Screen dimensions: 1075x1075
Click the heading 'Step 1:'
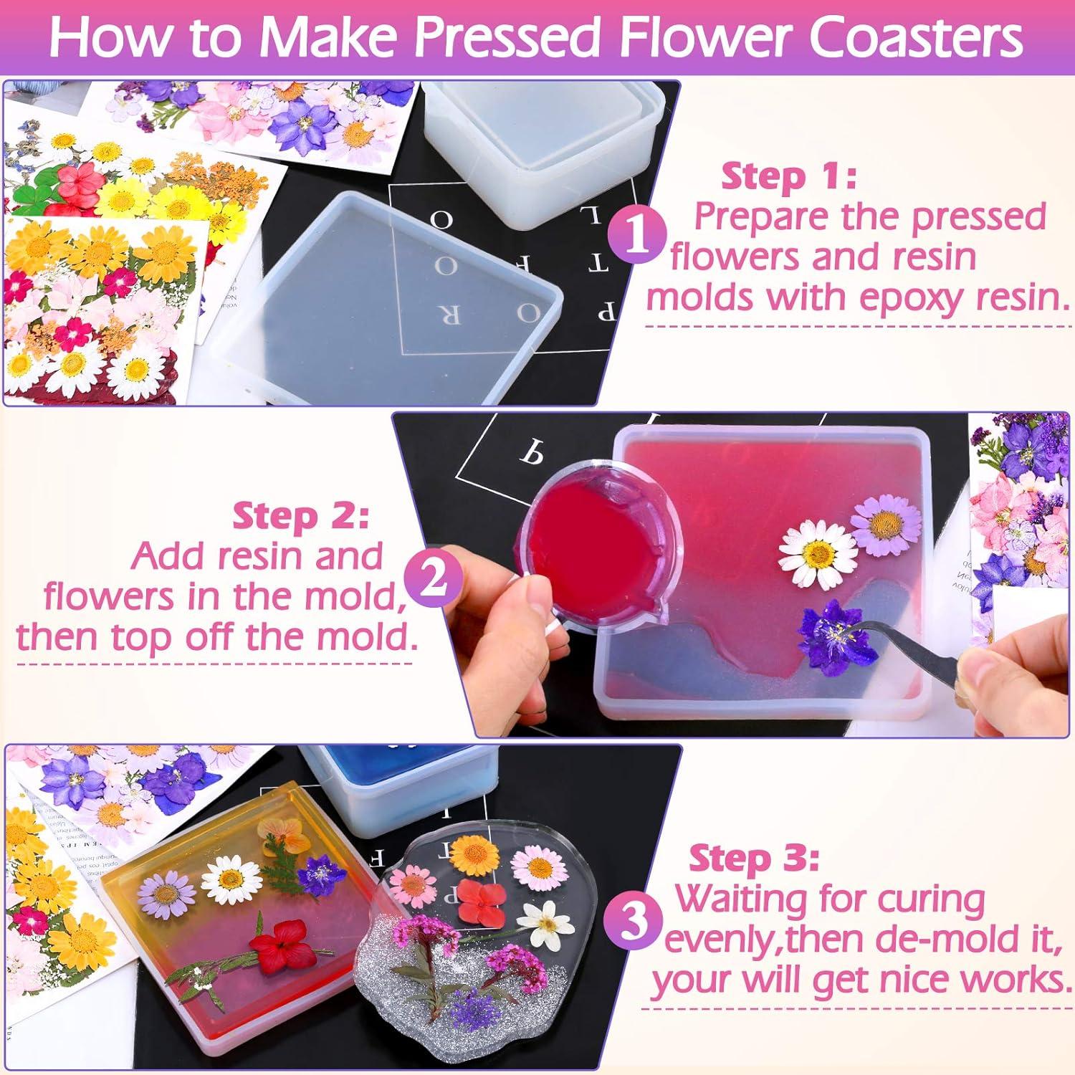tap(788, 176)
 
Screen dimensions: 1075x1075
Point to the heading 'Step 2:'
tap(300, 516)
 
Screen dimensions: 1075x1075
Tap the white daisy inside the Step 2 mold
tap(816, 552)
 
